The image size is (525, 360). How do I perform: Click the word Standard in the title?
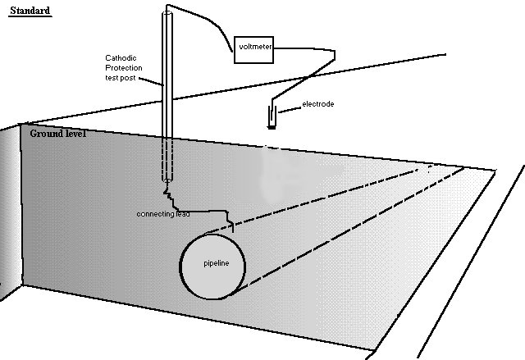[30, 11]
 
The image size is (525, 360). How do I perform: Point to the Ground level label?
[58, 133]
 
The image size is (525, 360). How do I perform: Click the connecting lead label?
[163, 214]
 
